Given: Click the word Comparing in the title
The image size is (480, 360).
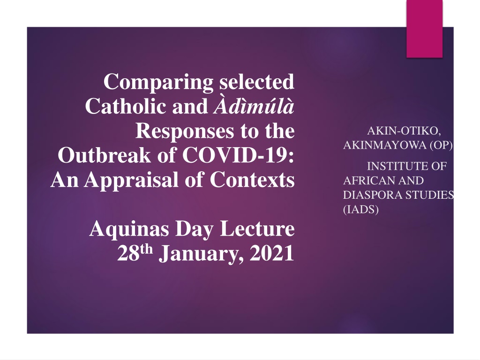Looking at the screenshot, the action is [x=158, y=82].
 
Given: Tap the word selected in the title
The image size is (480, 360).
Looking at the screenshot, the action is [x=257, y=82].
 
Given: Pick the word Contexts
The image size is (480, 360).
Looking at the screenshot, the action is [x=252, y=180].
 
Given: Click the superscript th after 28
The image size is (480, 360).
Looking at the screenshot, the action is [x=146, y=249].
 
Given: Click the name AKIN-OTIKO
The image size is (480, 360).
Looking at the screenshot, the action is [x=404, y=131].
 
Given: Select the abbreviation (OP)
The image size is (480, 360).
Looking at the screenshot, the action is [x=441, y=145].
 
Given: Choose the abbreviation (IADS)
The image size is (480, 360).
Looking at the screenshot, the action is [x=361, y=210].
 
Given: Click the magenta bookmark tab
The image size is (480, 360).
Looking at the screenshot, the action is [x=425, y=29].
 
